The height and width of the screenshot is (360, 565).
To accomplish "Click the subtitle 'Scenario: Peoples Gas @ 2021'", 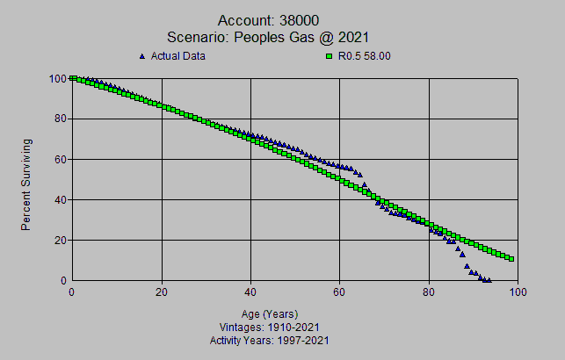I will pos(281,37).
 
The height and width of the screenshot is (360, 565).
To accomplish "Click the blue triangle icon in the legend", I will pos(142,56).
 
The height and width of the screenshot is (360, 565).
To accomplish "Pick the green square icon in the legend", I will pos(328,56).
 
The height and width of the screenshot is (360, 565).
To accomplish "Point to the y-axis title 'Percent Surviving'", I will pos(27,184).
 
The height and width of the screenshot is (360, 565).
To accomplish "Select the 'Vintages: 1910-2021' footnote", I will pos(268,327).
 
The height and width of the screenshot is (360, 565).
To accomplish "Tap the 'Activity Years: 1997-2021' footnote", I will pos(268,339).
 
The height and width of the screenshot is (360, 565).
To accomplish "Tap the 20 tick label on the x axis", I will pos(162,292).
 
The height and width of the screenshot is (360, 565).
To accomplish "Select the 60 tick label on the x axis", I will pos(340,292).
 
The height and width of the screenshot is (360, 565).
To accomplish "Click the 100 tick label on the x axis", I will pos(518,292).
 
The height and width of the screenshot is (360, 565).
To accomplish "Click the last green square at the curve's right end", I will pos(511,259).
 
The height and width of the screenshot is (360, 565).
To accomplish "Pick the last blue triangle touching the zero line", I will pos(489,279).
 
